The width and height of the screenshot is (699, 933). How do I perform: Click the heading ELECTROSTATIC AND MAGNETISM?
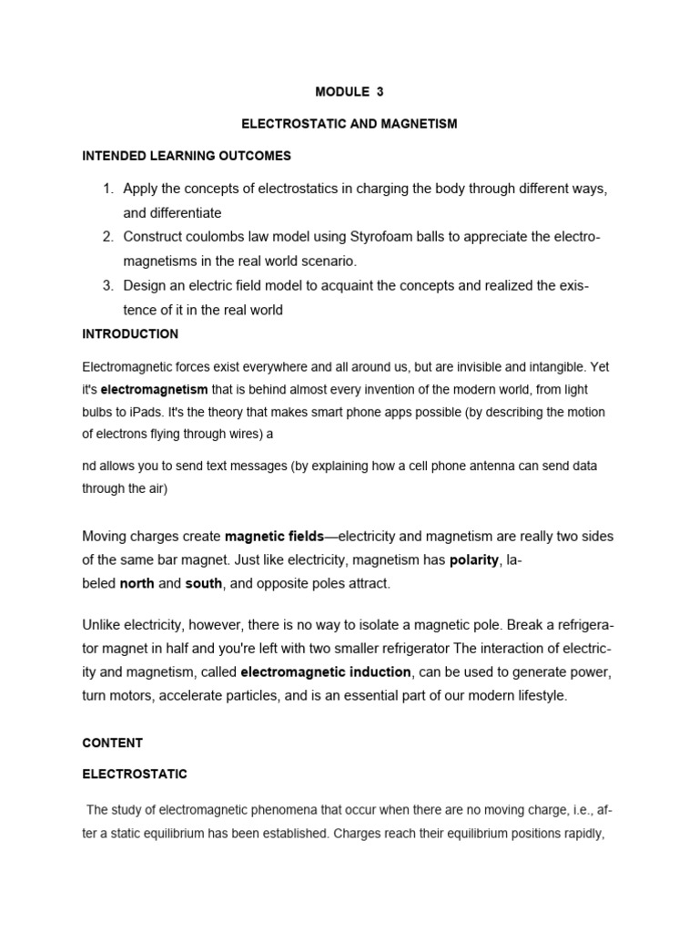pyautogui.click(x=349, y=124)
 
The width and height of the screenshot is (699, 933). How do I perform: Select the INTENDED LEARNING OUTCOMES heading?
pyautogui.click(x=187, y=156)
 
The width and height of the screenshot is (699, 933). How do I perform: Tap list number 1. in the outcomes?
pyautogui.click(x=107, y=189)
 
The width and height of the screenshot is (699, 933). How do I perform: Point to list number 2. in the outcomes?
pyautogui.click(x=107, y=237)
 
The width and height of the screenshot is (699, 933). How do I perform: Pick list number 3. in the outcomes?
pyautogui.click(x=107, y=286)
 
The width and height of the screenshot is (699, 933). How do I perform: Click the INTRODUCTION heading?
pyautogui.click(x=130, y=334)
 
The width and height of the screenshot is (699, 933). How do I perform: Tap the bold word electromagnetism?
pyautogui.click(x=154, y=390)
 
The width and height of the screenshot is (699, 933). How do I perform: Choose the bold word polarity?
pyautogui.click(x=473, y=559)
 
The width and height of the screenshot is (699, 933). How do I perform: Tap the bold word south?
pyautogui.click(x=204, y=583)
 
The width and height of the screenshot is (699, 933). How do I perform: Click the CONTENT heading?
pyautogui.click(x=112, y=743)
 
